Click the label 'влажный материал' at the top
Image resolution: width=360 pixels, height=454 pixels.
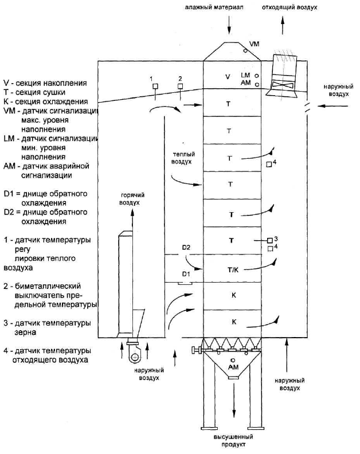tap(214, 7)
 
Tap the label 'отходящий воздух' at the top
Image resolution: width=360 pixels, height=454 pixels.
tap(289, 7)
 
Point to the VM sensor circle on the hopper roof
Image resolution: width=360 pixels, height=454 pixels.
tap(245, 50)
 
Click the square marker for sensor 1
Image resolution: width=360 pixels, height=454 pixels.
tap(155, 86)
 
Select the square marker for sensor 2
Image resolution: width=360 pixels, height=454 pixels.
tap(180, 86)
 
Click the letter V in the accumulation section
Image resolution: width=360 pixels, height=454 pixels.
tap(228, 77)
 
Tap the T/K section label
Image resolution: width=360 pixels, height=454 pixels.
tap(233, 270)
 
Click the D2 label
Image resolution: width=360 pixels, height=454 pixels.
tap(186, 248)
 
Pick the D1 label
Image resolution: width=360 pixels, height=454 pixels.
tap(186, 273)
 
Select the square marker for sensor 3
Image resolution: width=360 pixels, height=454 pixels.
tap(270, 240)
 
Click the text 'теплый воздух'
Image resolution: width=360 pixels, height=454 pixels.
tap(182, 158)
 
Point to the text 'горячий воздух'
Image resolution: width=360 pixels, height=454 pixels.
tap(131, 199)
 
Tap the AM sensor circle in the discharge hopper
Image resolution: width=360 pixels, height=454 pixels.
tap(233, 360)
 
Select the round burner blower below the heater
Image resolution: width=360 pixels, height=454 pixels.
tap(134, 357)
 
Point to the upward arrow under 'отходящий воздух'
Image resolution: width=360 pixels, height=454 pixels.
tap(283, 25)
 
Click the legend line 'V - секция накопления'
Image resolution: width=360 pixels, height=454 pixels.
tap(45, 83)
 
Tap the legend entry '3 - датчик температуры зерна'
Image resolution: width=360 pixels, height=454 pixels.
tap(47, 327)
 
